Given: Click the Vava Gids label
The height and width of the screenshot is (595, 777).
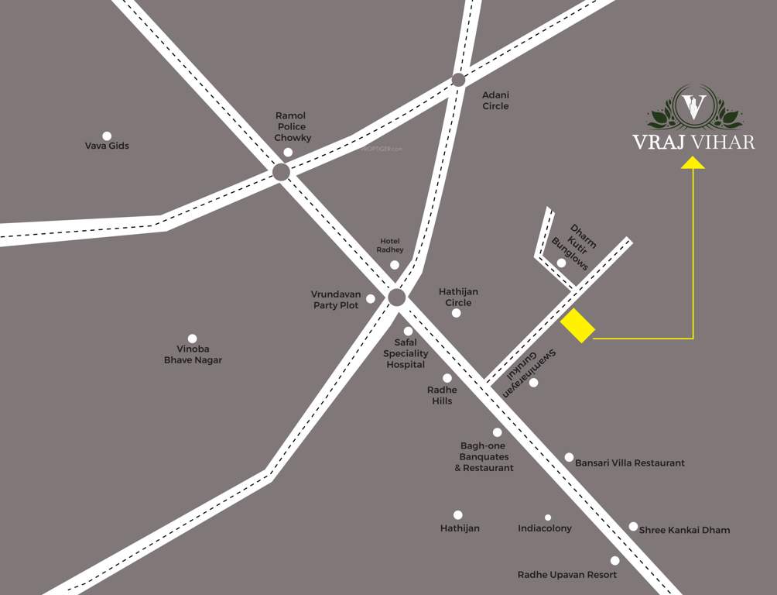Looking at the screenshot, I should pyautogui.click(x=107, y=146).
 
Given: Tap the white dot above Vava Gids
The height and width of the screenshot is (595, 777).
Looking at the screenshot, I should pyautogui.click(x=107, y=136).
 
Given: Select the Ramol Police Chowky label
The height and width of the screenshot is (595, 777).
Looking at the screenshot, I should pyautogui.click(x=291, y=126).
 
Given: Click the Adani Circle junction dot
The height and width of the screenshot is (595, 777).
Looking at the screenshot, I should pyautogui.click(x=458, y=80).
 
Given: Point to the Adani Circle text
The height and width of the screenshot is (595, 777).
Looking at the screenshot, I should pyautogui.click(x=495, y=100).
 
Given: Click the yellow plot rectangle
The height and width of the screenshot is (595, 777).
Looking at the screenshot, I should pyautogui.click(x=577, y=325).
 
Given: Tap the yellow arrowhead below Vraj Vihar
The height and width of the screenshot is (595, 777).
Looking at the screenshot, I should pyautogui.click(x=693, y=163).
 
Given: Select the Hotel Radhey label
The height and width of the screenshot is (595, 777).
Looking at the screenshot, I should pyautogui.click(x=390, y=246).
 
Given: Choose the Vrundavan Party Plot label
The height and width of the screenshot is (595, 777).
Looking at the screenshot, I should pyautogui.click(x=335, y=300).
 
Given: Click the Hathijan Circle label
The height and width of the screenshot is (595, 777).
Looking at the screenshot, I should pyautogui.click(x=458, y=297).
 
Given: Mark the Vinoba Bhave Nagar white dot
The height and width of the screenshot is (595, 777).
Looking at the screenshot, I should pyautogui.click(x=192, y=339).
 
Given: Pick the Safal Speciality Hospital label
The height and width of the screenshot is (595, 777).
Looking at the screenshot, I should pyautogui.click(x=406, y=353).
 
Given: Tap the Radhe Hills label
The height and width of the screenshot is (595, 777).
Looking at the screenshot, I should pyautogui.click(x=442, y=395).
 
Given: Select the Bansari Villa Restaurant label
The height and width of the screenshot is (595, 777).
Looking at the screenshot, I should pyautogui.click(x=629, y=463).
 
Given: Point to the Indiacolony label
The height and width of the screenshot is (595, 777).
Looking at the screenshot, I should pyautogui.click(x=545, y=528).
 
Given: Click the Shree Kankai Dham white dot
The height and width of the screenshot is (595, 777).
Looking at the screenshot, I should pyautogui.click(x=633, y=527).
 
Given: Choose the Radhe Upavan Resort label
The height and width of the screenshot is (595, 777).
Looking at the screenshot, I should pyautogui.click(x=566, y=575).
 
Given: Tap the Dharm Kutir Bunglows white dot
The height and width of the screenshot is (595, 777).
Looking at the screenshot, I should pyautogui.click(x=561, y=263).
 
